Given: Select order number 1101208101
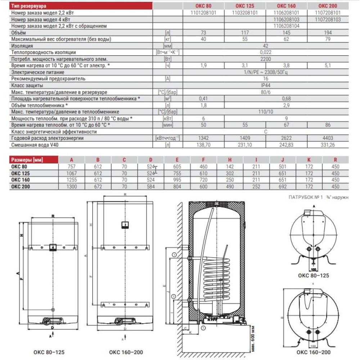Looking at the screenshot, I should (x=204, y=13).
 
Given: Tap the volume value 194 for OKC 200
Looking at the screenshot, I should (x=327, y=32).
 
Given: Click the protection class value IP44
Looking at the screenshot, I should (x=266, y=85).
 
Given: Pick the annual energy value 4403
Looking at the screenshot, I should (x=327, y=138).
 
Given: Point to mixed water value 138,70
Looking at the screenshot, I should (x=204, y=145).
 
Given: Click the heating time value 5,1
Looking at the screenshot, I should (x=327, y=66).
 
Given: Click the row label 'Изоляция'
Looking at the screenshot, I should (x=22, y=46).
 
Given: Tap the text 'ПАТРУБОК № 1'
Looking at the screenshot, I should (x=306, y=198).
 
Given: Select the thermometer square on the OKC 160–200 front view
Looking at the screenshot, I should (x=125, y=225).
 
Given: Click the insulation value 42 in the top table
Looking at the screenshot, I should (x=266, y=46).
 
